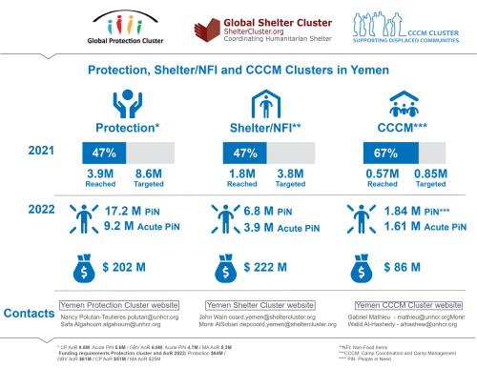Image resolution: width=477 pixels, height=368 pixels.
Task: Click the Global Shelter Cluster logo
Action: (x=239, y=26)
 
